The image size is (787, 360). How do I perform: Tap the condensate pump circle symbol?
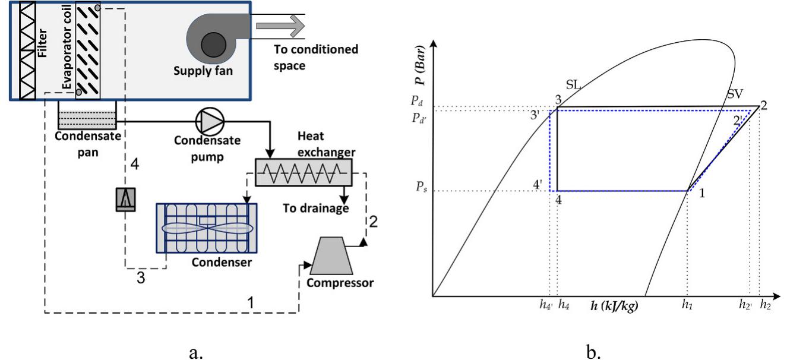tap(211, 122)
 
